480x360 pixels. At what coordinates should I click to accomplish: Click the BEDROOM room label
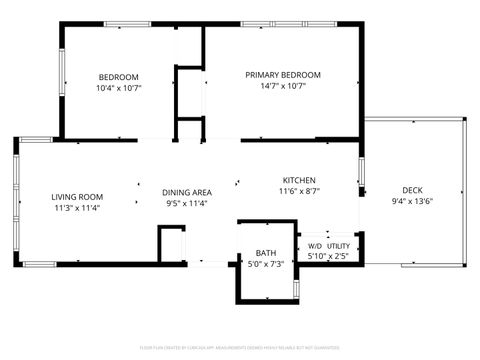(x=118, y=77)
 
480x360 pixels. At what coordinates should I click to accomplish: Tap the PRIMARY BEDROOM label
(x=283, y=75)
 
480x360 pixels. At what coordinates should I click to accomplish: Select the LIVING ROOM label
(x=77, y=197)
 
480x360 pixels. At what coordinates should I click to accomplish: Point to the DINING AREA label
(x=187, y=192)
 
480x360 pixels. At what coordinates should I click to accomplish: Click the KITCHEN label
(x=299, y=180)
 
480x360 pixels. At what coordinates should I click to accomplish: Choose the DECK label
(x=411, y=190)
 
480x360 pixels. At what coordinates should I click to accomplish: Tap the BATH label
(x=266, y=253)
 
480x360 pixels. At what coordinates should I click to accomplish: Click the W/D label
(x=314, y=246)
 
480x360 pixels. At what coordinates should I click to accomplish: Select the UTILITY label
(x=338, y=246)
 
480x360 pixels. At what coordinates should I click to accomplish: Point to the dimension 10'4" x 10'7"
(x=118, y=88)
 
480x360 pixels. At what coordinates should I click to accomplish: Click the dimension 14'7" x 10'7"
(x=283, y=86)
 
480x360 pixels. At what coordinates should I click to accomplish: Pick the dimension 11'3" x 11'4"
(x=77, y=208)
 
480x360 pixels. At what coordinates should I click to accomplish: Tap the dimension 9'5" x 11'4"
(x=187, y=203)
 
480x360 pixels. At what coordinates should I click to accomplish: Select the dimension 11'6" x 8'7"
(x=299, y=191)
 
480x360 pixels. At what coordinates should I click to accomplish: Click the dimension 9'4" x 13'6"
(x=411, y=201)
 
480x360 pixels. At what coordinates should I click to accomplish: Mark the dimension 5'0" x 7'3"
(x=266, y=264)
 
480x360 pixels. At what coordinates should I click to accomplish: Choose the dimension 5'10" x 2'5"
(x=328, y=257)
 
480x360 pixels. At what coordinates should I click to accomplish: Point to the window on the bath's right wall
(x=297, y=289)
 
